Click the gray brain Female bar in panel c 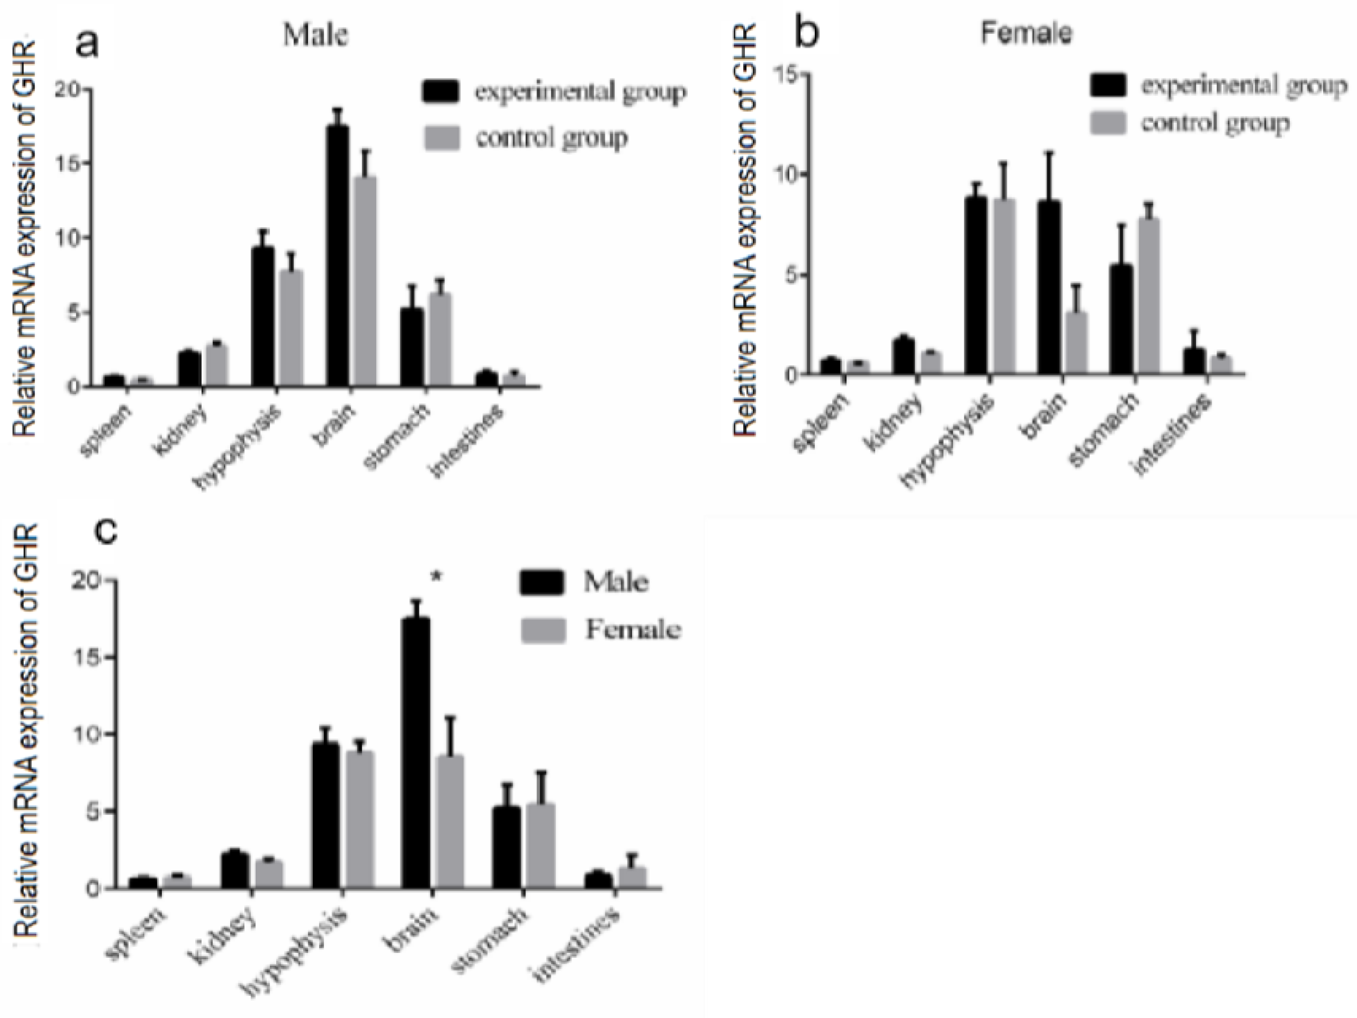(x=450, y=822)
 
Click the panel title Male (x=315, y=35)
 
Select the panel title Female (x=1026, y=32)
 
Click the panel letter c (x=108, y=531)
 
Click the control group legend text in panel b (x=1215, y=123)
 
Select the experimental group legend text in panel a (x=580, y=92)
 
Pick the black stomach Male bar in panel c (x=507, y=846)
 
